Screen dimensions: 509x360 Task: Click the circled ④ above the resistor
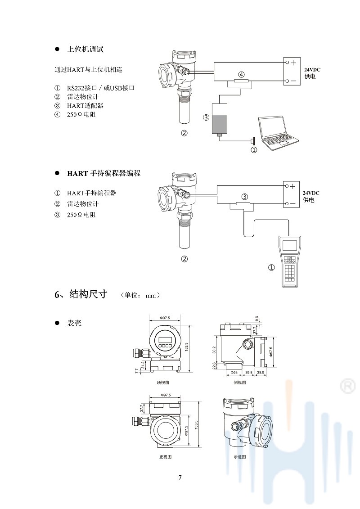pyautogui.click(x=241, y=74)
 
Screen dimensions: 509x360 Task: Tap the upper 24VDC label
pyautogui.click(x=312, y=70)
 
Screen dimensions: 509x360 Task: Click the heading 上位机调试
pyautogui.click(x=85, y=49)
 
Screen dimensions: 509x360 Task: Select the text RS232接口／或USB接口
pyautogui.click(x=101, y=88)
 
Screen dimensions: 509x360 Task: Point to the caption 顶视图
pyautogui.click(x=163, y=383)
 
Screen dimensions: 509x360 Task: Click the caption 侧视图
pyautogui.click(x=240, y=383)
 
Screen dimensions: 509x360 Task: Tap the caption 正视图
pyautogui.click(x=165, y=457)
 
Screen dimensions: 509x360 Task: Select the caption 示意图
pyautogui.click(x=240, y=457)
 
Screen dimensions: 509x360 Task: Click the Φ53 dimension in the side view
pyautogui.click(x=234, y=373)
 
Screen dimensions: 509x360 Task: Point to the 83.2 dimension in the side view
pyautogui.click(x=214, y=350)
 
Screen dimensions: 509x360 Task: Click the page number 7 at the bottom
pyautogui.click(x=180, y=477)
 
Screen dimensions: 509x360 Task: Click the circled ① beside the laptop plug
pyautogui.click(x=254, y=150)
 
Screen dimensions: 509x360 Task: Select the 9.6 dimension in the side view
pyautogui.click(x=256, y=319)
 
